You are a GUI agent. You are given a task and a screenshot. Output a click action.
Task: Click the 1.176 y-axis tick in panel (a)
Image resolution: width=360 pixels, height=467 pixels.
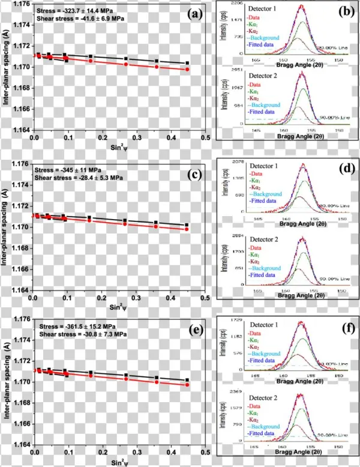[21, 5]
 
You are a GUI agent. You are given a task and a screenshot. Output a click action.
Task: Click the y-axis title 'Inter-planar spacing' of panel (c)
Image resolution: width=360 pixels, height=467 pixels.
[5, 227]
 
